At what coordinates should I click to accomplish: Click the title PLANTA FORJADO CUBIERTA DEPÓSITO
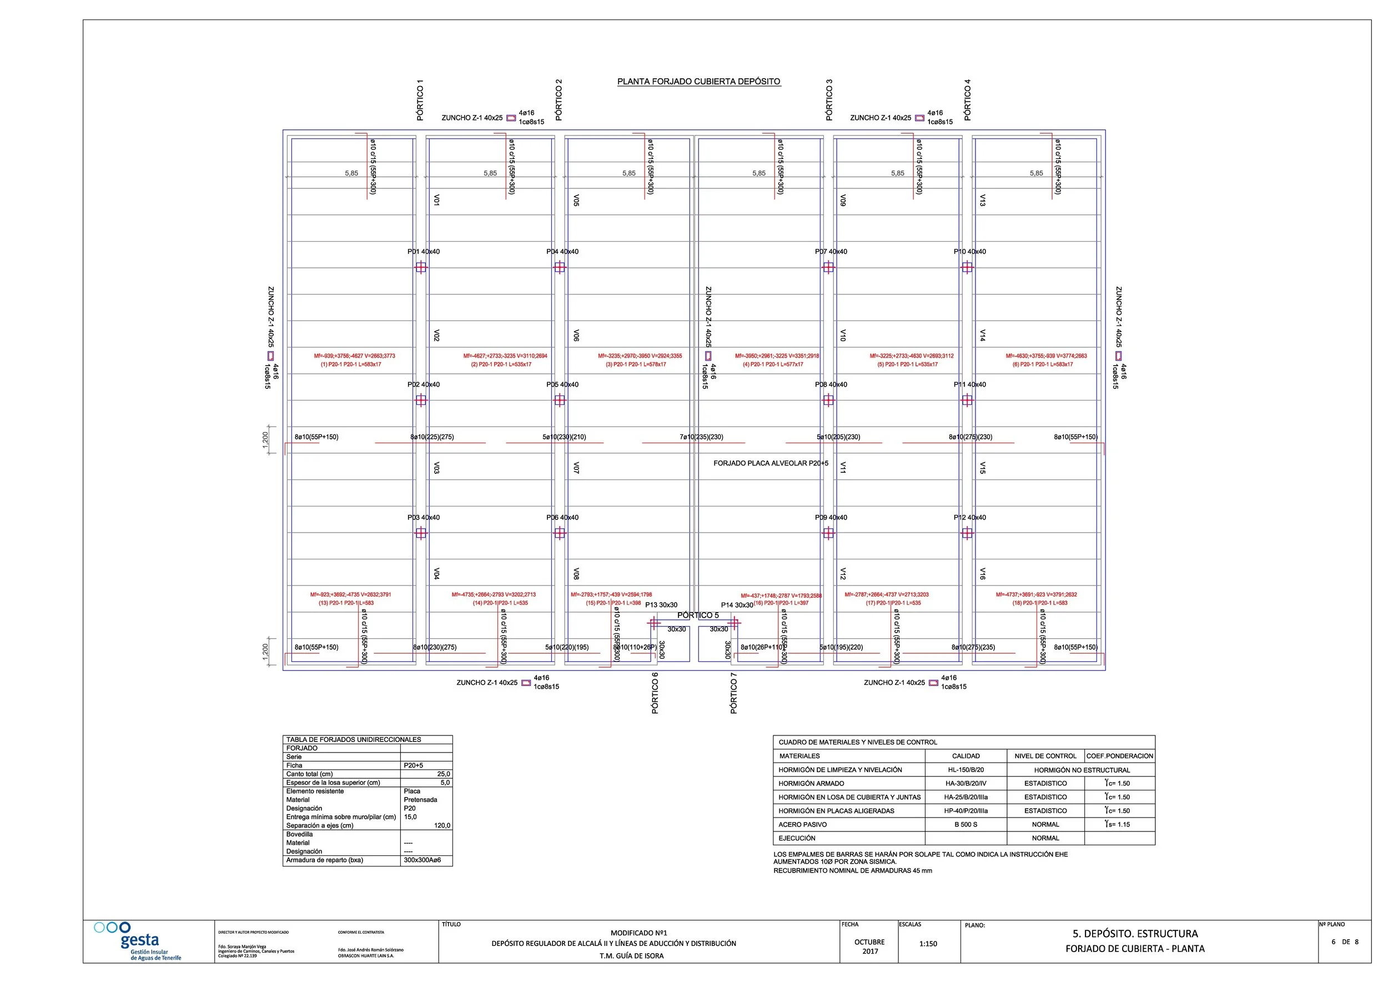coord(698,82)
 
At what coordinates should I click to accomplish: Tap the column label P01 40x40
coord(423,252)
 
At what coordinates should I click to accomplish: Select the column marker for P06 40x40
coord(560,533)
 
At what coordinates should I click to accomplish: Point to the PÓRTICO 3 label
coord(829,100)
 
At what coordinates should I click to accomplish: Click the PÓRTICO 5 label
coord(698,615)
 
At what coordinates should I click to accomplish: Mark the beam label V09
coord(843,200)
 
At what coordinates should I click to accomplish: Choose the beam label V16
coord(982,573)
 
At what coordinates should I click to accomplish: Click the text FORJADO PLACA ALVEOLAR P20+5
coord(771,463)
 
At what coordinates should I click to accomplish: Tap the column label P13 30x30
coord(661,605)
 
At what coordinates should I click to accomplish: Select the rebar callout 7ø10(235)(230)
coord(701,437)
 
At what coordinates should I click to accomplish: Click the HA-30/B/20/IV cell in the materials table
coord(965,783)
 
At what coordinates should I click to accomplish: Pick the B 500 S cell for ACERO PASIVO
coord(965,824)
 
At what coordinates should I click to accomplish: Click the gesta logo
coord(138,941)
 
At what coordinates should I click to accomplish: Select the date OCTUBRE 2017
coord(869,946)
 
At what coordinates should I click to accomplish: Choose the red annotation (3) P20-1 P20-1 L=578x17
coord(635,364)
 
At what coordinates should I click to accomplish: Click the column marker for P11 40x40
coord(967,400)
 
